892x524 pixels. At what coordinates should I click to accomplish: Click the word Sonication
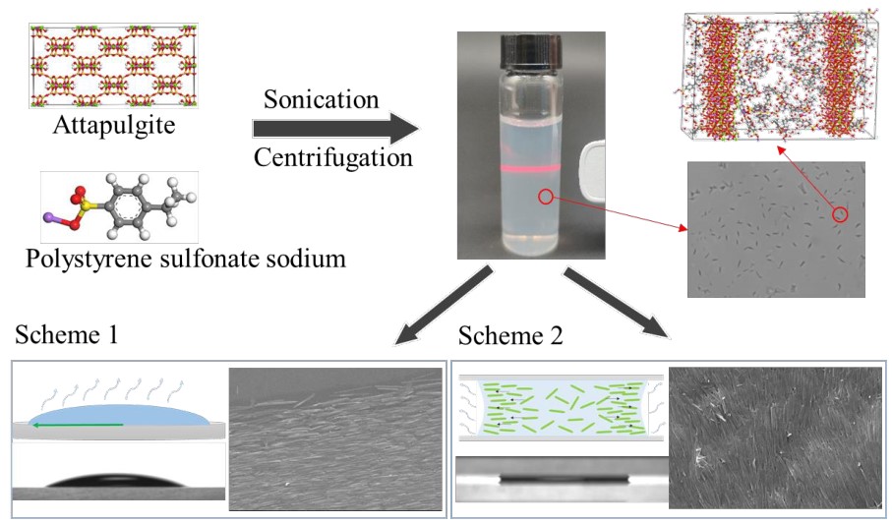321,100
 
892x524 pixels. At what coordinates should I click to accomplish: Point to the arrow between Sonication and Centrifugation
334,128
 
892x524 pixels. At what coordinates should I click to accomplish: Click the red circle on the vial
545,197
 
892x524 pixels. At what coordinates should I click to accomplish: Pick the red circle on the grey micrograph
839,213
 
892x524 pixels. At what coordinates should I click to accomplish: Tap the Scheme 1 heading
66,336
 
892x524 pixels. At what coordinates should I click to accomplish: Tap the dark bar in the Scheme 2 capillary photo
562,481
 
